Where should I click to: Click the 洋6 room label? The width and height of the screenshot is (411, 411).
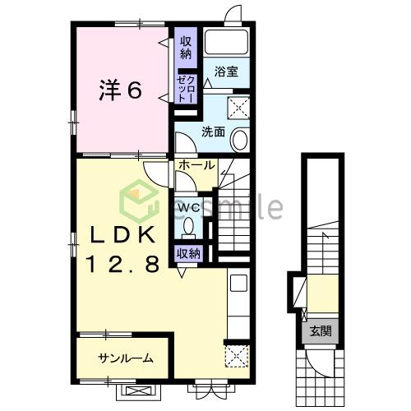pos(121,90)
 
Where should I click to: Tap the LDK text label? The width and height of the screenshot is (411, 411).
pos(123,235)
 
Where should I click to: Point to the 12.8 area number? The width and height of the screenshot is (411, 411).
pos(123,264)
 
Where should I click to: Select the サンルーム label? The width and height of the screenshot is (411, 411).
pos(125,358)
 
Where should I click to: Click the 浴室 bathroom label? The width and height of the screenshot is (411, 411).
pos(226,72)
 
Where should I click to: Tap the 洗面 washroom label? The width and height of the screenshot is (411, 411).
pos(213,132)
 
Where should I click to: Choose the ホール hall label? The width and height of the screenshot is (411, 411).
pos(196,165)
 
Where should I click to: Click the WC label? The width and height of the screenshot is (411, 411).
pos(189,208)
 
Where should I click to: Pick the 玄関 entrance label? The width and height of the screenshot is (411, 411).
pos(321,331)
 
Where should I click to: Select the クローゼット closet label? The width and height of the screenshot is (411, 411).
pos(187,89)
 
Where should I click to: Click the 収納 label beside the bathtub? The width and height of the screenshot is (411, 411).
pos(186,48)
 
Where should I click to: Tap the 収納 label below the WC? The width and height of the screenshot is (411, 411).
pos(189,254)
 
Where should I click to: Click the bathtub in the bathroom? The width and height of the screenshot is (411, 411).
pos(227,42)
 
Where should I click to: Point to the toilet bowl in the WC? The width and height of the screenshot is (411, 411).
pos(188,226)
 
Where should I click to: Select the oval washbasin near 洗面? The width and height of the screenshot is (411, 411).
pos(239,140)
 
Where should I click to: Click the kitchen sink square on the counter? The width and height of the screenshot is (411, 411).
pos(238,283)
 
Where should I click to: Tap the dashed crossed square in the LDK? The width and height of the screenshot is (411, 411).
pos(237,356)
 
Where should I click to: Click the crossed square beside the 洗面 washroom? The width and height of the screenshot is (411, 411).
pos(238,108)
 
